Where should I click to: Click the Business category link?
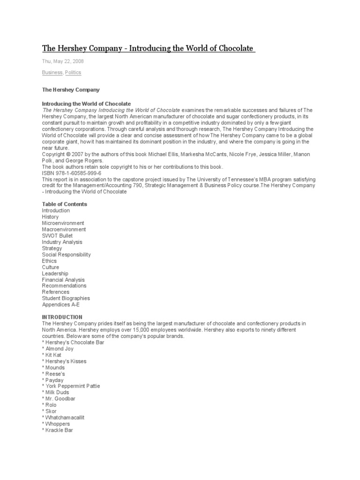click(52, 73)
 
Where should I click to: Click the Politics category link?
click(73, 73)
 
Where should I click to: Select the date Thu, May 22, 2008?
click(63, 61)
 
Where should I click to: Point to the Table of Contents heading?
click(64, 204)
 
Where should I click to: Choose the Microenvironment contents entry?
click(63, 223)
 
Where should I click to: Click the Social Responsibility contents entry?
click(66, 255)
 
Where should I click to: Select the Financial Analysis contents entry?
click(63, 279)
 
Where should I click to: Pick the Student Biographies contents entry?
click(66, 298)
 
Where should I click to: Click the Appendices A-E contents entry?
click(60, 305)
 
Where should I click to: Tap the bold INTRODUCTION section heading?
click(62, 317)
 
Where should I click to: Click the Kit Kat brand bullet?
click(53, 355)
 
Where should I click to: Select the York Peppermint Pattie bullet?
click(72, 386)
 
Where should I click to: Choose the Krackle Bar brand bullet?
click(59, 430)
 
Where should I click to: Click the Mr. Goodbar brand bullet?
click(60, 399)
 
